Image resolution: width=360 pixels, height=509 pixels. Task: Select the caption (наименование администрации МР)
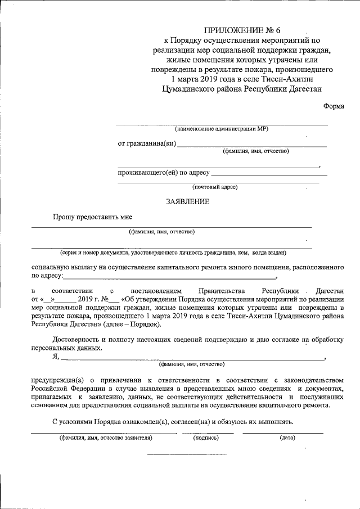(x=222, y=129)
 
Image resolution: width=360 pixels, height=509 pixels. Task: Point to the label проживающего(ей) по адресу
(x=163, y=172)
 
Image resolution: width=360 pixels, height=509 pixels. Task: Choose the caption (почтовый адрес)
(x=215, y=187)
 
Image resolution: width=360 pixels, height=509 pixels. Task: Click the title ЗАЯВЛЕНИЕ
(x=187, y=202)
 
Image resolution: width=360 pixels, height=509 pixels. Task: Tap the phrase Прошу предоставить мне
(x=93, y=217)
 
